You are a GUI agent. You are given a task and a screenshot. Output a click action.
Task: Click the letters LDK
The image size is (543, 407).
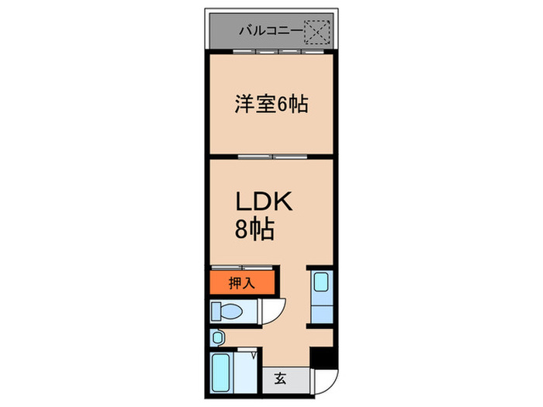(263, 204)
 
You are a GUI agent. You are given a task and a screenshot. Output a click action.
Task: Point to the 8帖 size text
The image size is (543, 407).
(254, 229)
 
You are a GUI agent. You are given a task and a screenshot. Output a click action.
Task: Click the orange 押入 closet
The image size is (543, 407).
(241, 282)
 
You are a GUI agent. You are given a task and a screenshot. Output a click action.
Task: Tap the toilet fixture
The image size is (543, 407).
(228, 312)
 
